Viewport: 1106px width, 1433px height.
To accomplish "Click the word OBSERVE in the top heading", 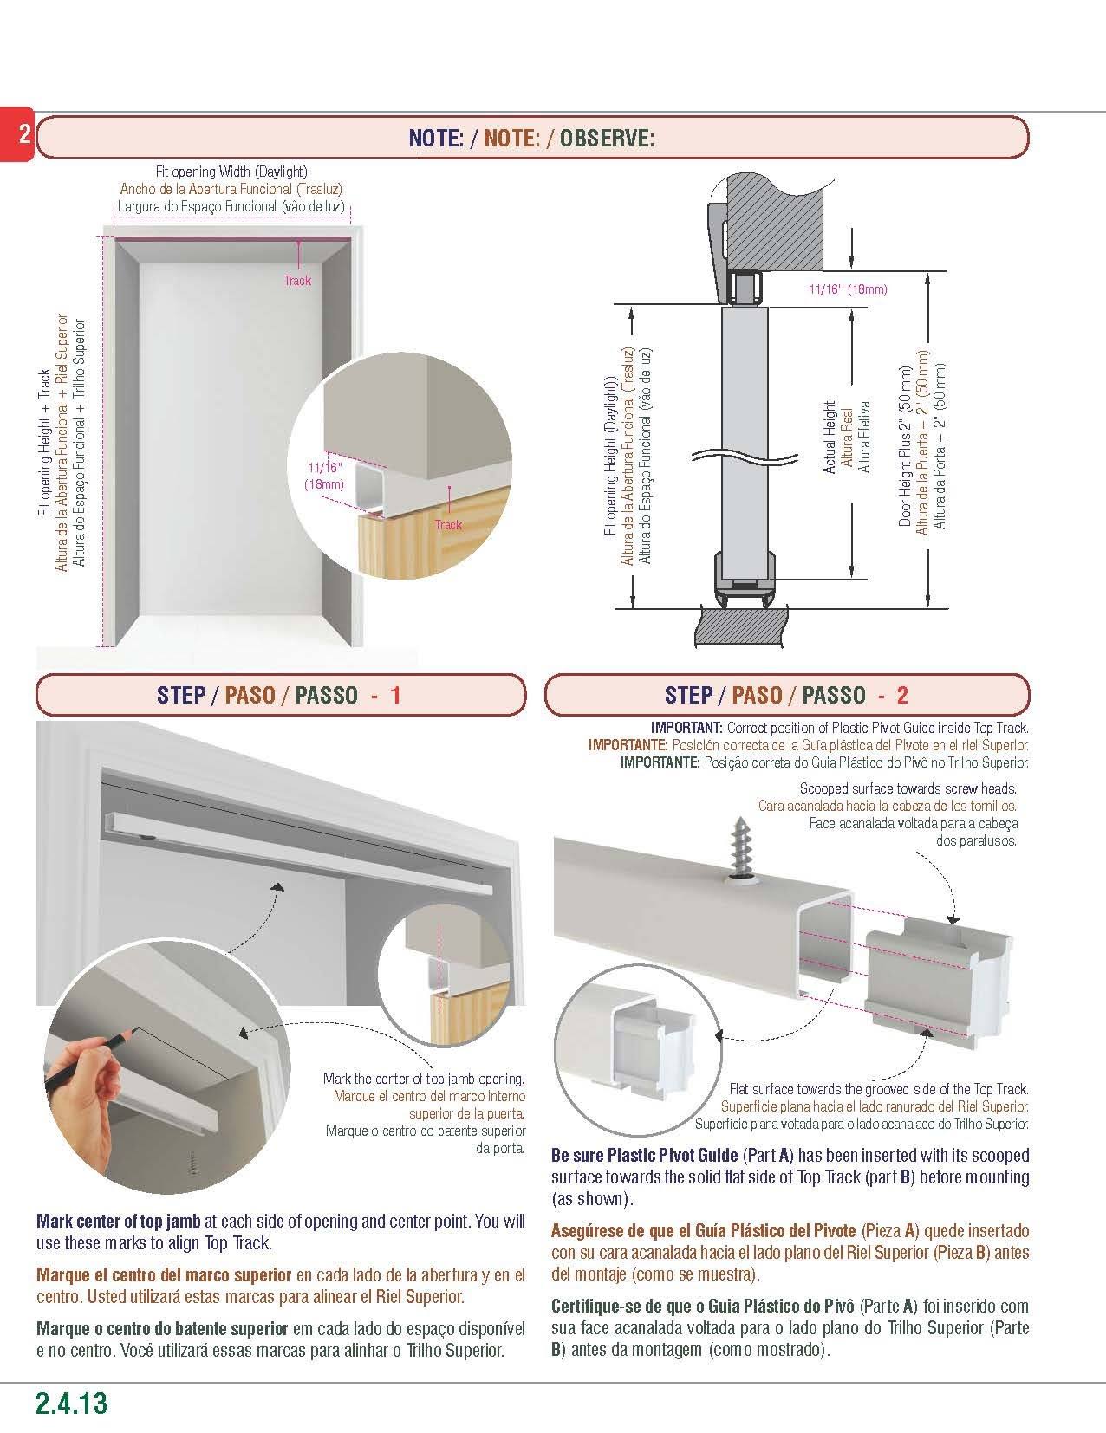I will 607,137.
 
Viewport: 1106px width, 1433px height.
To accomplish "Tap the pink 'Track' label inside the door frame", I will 297,281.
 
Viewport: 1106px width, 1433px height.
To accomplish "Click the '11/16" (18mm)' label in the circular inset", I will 323,476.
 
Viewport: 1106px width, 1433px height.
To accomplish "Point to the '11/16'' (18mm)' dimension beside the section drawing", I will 848,289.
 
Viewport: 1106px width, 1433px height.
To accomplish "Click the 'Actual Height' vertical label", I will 830,437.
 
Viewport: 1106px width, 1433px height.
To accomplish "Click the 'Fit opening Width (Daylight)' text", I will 231,172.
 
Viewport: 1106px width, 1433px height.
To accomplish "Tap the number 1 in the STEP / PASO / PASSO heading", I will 395,696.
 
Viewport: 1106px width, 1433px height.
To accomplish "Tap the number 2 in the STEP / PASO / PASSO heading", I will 902,696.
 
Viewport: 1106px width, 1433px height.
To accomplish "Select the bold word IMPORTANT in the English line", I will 686,728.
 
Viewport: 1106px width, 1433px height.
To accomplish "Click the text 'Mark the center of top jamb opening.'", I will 424,1079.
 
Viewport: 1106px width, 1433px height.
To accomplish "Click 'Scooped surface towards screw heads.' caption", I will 908,788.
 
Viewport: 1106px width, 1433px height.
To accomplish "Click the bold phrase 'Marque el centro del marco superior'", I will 164,1275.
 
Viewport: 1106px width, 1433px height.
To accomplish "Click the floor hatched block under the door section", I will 741,624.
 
